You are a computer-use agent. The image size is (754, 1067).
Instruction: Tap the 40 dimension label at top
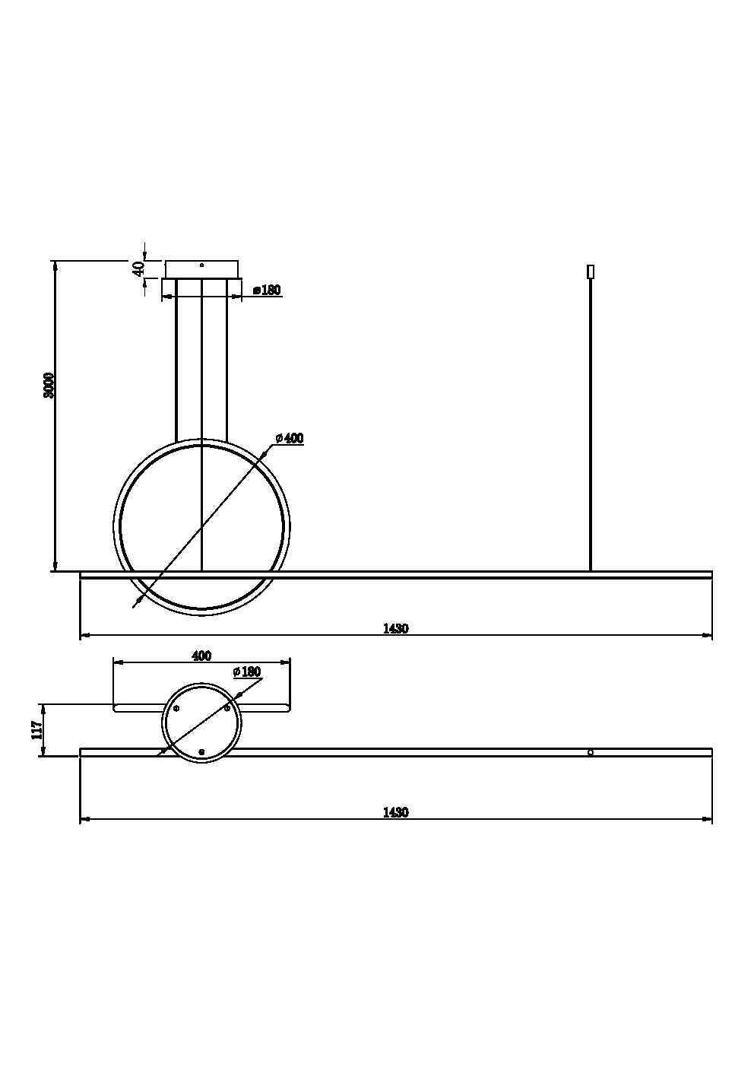tap(138, 268)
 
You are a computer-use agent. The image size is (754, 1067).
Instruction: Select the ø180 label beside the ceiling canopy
tap(267, 290)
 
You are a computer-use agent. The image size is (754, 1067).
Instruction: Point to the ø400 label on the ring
tap(290, 438)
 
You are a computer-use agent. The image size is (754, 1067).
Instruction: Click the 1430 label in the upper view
tap(395, 628)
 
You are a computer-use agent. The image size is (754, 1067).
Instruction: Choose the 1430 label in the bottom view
tap(395, 812)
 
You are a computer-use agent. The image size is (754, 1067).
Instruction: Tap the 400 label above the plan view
tap(201, 656)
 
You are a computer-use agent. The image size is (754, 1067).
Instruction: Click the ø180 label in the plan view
tap(247, 672)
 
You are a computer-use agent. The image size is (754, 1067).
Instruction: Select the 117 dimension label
tap(36, 730)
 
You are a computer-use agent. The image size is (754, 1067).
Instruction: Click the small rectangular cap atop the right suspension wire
tap(591, 272)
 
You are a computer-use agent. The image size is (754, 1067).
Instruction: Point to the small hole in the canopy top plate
tap(201, 265)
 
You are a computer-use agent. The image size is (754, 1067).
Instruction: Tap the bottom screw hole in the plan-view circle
tap(201, 751)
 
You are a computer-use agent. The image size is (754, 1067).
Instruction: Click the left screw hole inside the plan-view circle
tap(176, 708)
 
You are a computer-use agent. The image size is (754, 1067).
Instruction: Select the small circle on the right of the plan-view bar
tap(591, 752)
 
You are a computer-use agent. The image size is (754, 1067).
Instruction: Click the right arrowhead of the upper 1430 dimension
tap(708, 634)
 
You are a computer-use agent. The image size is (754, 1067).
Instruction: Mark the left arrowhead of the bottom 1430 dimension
tap(84, 819)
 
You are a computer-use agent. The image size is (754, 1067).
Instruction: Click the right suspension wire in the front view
tap(591, 426)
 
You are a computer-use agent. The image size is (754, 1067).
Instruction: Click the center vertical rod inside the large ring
tap(201, 510)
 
